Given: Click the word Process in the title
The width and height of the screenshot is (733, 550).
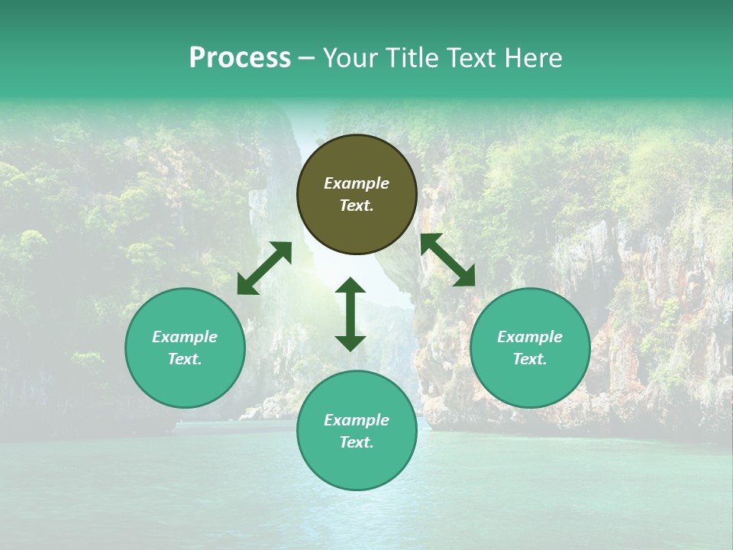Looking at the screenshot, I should [240, 58].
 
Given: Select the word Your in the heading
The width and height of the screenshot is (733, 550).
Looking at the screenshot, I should [351, 58].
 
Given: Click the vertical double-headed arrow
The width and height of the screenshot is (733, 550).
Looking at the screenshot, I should [350, 314].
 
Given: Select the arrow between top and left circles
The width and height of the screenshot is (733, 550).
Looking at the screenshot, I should [264, 268].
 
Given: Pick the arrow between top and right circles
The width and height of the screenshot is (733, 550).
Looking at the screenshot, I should [447, 260].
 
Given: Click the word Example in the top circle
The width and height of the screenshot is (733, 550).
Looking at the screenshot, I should [357, 183].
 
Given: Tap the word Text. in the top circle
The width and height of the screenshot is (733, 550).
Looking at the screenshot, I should [357, 205].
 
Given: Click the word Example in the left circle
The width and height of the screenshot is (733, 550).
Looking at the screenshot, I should [185, 337].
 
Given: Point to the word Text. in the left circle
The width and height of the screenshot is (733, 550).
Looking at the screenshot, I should [185, 359].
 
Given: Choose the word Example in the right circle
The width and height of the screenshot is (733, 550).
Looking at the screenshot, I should [530, 337].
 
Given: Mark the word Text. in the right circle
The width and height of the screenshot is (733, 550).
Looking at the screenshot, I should [530, 359].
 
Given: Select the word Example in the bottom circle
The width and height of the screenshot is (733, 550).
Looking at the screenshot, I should [357, 420].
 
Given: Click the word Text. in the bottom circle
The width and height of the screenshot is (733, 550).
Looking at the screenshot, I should [357, 442].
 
